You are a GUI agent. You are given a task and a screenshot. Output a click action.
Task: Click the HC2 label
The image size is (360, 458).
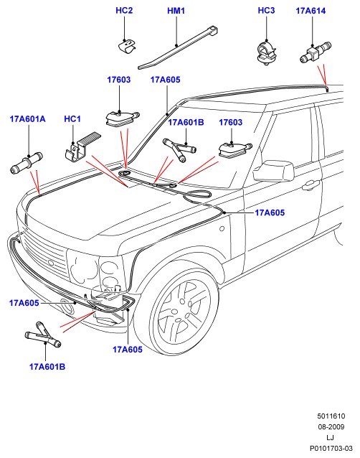point(124,11)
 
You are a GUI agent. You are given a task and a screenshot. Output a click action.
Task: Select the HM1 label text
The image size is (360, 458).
point(176,11)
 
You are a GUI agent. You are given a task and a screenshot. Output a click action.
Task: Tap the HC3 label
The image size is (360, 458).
point(266,11)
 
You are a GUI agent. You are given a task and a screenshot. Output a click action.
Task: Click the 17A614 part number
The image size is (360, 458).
point(311,11)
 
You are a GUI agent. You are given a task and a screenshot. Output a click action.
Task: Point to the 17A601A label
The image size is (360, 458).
point(28,119)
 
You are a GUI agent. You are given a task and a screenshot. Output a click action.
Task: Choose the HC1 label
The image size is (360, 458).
point(72,119)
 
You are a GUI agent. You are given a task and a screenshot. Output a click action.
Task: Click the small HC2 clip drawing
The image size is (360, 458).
point(127,47)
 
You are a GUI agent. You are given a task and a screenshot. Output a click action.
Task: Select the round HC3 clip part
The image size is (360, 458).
point(267,52)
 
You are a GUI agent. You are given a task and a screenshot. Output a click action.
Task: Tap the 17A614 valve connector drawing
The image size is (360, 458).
point(315,52)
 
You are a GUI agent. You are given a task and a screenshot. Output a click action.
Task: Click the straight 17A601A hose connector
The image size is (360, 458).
point(27,163)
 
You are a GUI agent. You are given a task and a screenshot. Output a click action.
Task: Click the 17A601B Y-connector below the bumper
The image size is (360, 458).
point(43,335)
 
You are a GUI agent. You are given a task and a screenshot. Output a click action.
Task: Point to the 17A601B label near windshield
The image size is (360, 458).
point(186,122)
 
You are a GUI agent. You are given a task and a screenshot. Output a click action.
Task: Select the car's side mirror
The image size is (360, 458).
point(274,171)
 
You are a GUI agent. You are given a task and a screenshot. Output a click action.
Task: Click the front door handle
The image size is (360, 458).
point(311,184)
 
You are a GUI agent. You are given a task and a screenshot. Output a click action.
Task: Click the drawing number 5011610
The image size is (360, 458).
point(331,416)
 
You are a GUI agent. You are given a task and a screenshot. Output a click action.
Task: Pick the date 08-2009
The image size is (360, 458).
point(331,426)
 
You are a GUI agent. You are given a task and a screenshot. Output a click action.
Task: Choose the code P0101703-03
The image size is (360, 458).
point(331,448)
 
